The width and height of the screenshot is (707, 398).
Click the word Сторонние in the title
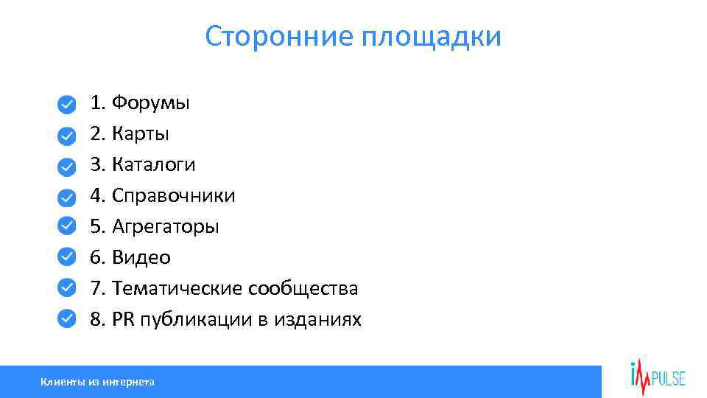coord(279,36)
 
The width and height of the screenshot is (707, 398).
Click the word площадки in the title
coord(431,37)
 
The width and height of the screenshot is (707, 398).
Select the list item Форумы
coord(150,102)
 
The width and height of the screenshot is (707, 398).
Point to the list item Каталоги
coord(153,164)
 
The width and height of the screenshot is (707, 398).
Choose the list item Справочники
coord(173,195)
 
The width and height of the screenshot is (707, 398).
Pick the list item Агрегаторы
coord(165,226)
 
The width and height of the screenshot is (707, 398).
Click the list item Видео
coord(141,257)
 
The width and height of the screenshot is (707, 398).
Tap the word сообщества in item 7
coord(303,288)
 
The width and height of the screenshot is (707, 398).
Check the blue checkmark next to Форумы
coord(66,105)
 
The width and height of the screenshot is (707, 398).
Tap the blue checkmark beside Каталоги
coord(66,166)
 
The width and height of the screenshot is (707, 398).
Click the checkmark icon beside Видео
coord(66,255)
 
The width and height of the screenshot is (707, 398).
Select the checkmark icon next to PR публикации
coord(66,317)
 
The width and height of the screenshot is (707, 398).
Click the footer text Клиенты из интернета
coord(97,382)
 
